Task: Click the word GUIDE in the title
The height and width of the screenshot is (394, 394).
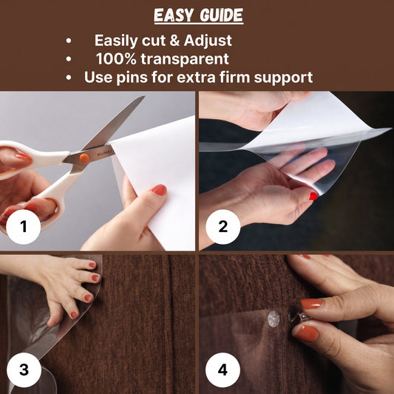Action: click(221, 15)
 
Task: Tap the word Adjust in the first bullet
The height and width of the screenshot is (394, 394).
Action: click(208, 41)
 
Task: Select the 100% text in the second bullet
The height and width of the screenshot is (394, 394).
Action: click(116, 59)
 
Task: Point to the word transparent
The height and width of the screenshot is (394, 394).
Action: click(185, 59)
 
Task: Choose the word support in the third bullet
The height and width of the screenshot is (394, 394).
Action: click(283, 78)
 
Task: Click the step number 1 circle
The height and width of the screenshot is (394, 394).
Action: click(23, 227)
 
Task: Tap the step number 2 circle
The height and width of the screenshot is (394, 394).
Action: click(223, 227)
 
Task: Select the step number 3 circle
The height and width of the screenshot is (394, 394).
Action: click(24, 370)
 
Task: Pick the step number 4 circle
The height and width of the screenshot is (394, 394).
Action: click(223, 370)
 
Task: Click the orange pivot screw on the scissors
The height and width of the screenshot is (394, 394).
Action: click(84, 157)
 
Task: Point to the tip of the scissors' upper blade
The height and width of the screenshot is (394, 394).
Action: click(144, 96)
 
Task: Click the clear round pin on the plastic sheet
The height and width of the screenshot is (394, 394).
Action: click(274, 319)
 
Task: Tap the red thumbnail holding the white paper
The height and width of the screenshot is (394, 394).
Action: click(159, 190)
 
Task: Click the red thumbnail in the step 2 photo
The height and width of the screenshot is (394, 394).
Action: click(313, 196)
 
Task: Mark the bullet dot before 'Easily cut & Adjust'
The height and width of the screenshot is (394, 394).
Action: click(69, 41)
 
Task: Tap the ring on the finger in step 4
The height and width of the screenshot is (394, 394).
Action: click(299, 317)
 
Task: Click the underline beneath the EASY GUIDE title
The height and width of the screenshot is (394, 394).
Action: click(199, 24)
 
